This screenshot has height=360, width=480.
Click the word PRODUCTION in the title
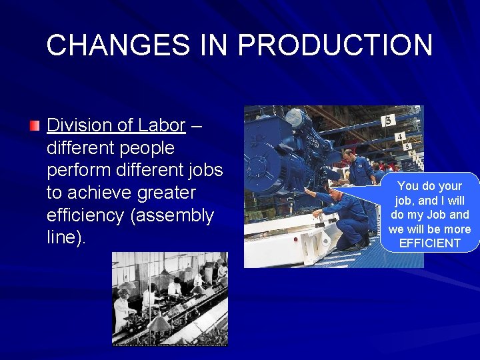tap(335, 45)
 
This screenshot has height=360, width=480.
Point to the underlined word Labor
tap(161, 125)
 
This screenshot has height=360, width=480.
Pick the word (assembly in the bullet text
tap(179, 215)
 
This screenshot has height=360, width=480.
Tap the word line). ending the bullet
tap(67, 238)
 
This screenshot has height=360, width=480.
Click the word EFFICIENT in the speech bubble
tap(429, 243)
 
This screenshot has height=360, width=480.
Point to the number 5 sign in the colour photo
tap(407, 147)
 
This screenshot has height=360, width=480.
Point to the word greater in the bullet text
tap(163, 193)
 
